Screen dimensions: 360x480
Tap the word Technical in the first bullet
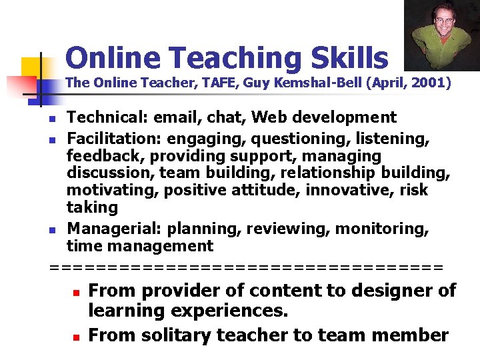click(106, 118)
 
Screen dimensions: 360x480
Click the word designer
click(391, 291)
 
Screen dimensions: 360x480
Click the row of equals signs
click(247, 267)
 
